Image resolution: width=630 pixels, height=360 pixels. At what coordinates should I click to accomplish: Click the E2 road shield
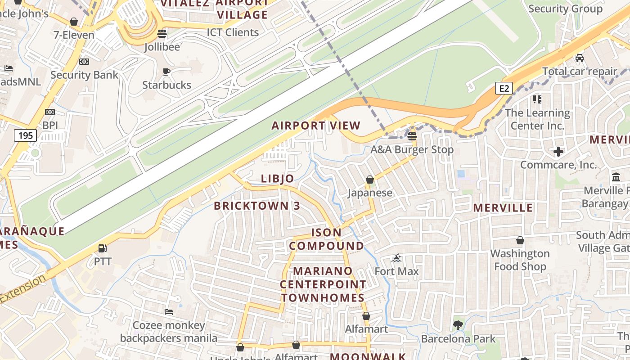click(x=504, y=88)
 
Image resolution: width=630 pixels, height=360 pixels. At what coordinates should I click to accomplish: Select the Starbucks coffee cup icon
click(x=166, y=72)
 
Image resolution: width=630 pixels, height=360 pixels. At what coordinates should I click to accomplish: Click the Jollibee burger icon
click(x=162, y=33)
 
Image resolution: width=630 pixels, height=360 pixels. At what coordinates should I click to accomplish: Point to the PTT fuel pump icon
click(x=102, y=248)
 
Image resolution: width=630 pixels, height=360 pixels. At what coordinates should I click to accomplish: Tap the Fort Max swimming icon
click(x=396, y=258)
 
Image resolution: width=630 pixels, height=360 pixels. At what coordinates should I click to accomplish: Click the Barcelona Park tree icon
click(x=458, y=324)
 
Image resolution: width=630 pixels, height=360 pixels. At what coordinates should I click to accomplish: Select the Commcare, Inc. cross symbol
click(x=558, y=152)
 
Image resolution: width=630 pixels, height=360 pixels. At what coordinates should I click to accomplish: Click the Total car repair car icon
click(x=580, y=58)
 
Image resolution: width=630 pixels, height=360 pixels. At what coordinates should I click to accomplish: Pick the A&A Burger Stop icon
click(x=412, y=136)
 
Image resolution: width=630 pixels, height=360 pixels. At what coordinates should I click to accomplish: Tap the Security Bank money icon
click(x=84, y=62)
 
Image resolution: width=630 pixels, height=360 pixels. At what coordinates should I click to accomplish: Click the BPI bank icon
click(x=50, y=112)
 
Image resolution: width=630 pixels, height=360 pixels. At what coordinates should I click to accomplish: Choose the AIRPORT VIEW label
click(x=316, y=126)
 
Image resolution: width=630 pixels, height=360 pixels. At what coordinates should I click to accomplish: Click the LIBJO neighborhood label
click(x=278, y=179)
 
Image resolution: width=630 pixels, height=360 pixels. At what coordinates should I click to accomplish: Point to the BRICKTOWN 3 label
click(x=257, y=206)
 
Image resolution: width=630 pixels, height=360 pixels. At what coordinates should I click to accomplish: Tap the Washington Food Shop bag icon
click(x=520, y=240)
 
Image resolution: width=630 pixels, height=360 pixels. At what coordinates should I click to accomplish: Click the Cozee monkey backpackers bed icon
click(x=169, y=311)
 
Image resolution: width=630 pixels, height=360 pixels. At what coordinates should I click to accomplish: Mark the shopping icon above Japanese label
click(x=370, y=180)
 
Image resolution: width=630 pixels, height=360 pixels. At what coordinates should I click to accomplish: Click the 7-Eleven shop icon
click(x=74, y=22)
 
